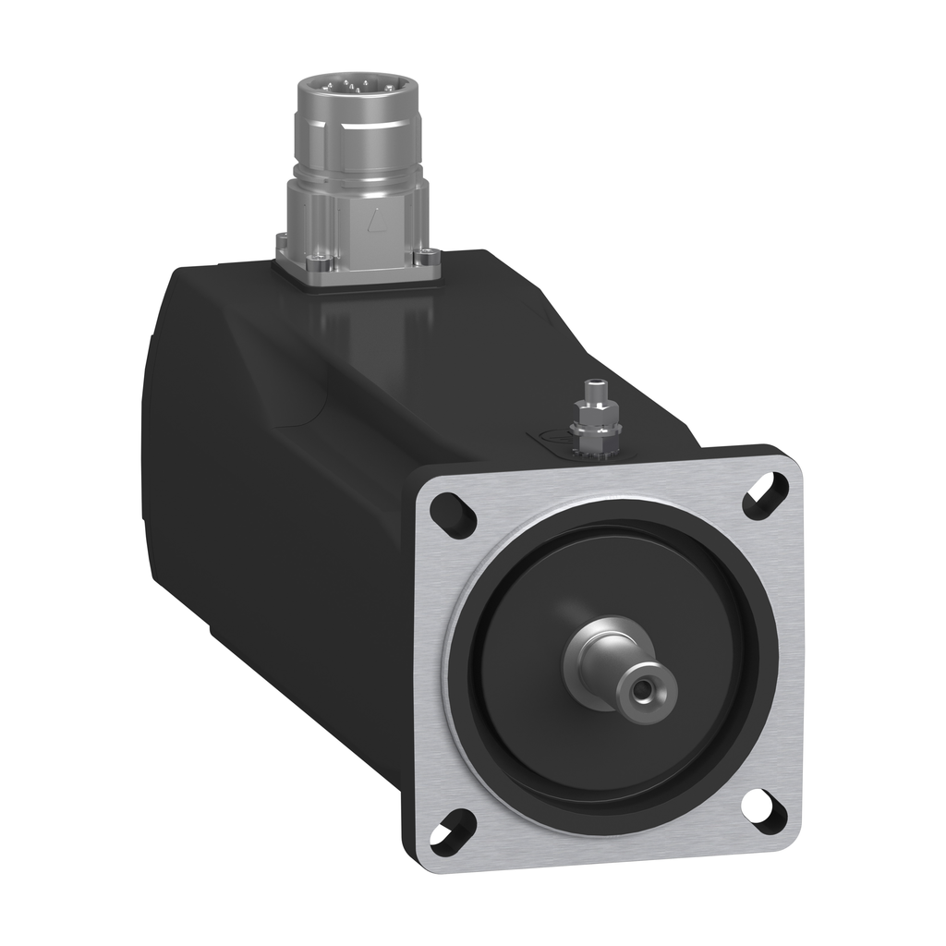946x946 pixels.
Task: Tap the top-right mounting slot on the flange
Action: pyautogui.click(x=766, y=491)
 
